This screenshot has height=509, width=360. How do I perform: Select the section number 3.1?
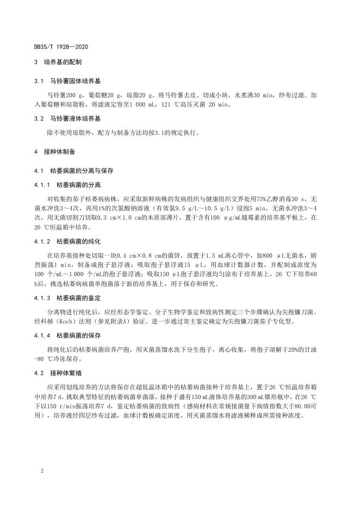[38, 80]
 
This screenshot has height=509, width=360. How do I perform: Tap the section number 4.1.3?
[41, 298]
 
